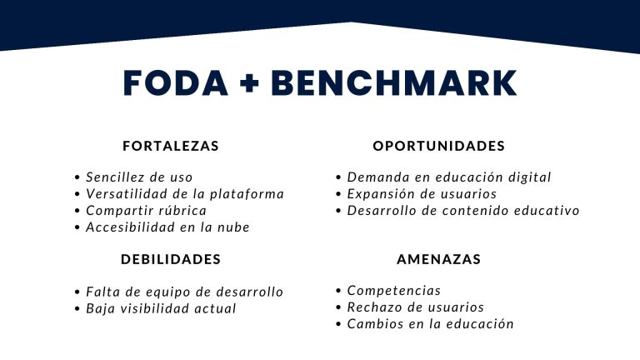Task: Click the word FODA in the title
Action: pos(175,83)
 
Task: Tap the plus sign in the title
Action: pos(249,83)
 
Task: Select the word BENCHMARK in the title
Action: pos(394,83)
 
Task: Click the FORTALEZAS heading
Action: pos(171,146)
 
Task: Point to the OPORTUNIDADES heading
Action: pos(439,146)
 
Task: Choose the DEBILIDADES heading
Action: pos(171,259)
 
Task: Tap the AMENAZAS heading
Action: pos(439,259)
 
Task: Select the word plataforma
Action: pos(247,194)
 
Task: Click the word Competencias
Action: pos(394,291)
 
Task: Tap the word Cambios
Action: pos(370,324)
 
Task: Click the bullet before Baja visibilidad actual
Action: pos(77,309)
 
